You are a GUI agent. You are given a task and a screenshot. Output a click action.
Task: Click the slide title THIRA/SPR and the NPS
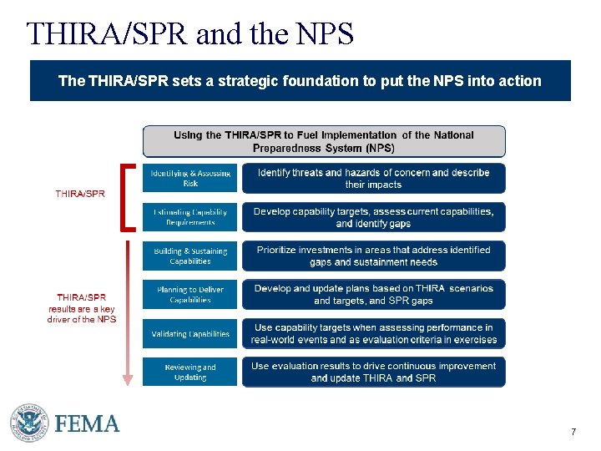point(190,34)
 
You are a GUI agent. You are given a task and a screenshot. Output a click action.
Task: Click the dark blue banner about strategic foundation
point(300,81)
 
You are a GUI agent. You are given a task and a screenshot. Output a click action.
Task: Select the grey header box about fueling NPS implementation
point(324,141)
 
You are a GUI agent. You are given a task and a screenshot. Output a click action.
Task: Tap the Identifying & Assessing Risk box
point(190,178)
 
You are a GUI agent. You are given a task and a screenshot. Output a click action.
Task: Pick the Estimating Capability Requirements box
point(190,217)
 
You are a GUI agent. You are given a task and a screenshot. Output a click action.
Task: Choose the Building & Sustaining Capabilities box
point(190,256)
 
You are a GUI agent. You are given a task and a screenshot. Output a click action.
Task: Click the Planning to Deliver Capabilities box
point(190,295)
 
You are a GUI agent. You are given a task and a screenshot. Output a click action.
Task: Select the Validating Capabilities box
point(190,334)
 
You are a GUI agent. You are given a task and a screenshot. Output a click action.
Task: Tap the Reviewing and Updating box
point(190,372)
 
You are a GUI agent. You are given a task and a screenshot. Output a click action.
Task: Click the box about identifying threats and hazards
point(373,178)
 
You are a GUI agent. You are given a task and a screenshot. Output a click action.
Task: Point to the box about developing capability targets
point(373,217)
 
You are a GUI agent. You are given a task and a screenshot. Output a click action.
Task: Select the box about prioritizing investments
point(373,256)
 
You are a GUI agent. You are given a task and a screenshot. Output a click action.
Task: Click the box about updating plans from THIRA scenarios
point(373,295)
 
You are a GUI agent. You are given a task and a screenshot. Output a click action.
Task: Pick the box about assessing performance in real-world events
point(373,334)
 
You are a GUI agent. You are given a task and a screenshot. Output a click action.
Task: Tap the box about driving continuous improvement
point(373,372)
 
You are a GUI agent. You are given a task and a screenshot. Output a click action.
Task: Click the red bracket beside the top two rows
point(126,197)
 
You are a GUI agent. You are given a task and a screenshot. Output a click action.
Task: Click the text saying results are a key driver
point(82,307)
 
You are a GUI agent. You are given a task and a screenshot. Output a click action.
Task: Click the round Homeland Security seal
point(29,423)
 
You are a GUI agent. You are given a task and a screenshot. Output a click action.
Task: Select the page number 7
point(573,432)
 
